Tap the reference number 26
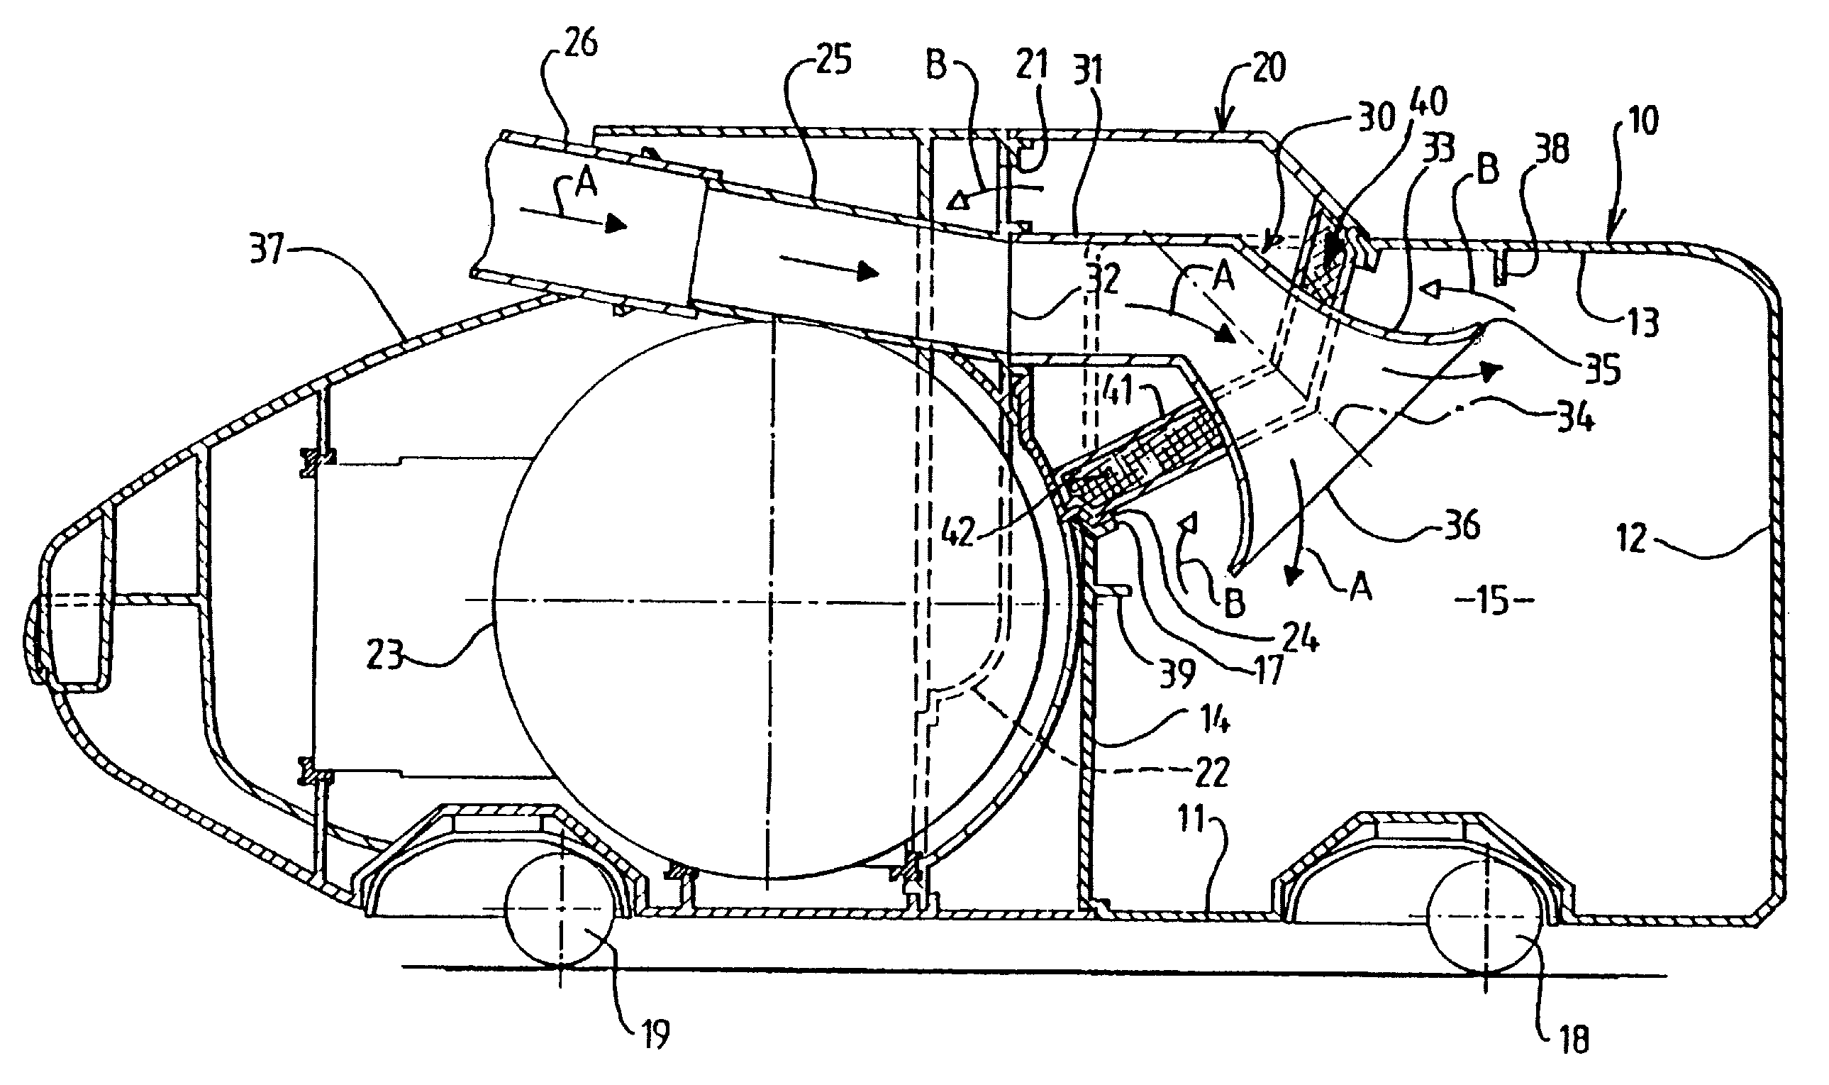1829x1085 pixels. pos(582,44)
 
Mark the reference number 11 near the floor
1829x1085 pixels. pos(1193,819)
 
